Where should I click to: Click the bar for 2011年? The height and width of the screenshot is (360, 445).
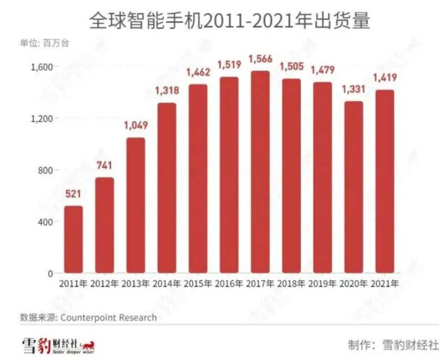pyautogui.click(x=73, y=239)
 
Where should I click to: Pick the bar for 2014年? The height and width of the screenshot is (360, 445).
pyautogui.click(x=167, y=188)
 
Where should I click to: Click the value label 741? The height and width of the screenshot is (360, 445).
pyautogui.click(x=104, y=166)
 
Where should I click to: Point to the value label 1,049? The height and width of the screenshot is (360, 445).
pyautogui.click(x=136, y=125)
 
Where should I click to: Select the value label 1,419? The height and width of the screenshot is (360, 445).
pyautogui.click(x=384, y=78)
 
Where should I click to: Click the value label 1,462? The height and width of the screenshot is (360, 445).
pyautogui.click(x=198, y=72)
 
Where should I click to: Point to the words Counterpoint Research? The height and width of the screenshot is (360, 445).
pyautogui.click(x=108, y=318)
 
